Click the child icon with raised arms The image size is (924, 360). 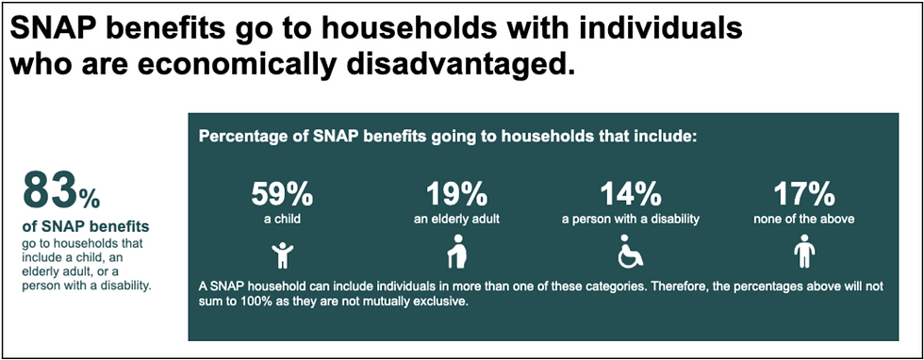pyautogui.click(x=281, y=254)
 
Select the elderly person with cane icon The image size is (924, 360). pyautogui.click(x=456, y=254)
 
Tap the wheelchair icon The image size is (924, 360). pyautogui.click(x=631, y=254)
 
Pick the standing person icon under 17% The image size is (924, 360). pyautogui.click(x=804, y=254)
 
